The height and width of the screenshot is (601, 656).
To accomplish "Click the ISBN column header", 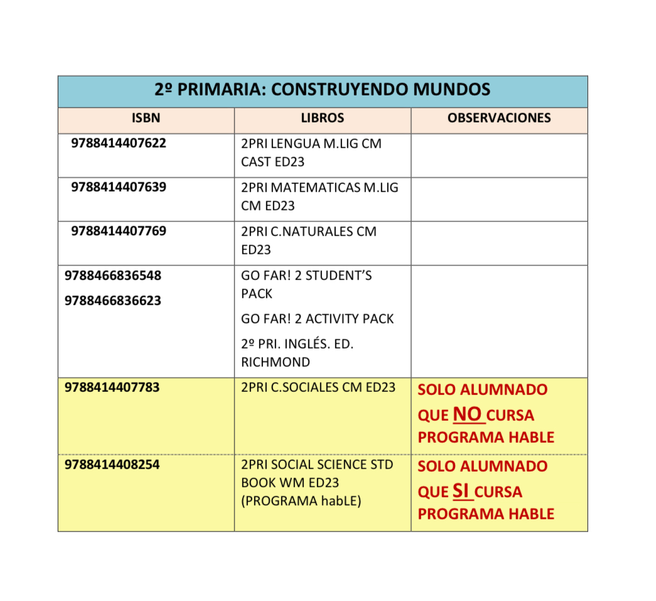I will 146,118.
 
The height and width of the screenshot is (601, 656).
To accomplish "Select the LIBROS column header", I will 323,118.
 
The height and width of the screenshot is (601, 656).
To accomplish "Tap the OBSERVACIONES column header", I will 499,118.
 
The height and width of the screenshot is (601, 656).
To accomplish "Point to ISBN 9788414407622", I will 119,143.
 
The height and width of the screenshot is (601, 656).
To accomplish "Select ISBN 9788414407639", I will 119,187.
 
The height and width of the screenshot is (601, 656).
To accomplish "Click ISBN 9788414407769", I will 119,231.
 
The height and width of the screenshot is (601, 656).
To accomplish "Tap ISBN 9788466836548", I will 112,275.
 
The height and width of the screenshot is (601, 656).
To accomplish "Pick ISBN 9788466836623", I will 112,300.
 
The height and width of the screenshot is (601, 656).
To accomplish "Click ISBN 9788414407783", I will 112,387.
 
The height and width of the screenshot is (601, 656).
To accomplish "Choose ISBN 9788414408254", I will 112,465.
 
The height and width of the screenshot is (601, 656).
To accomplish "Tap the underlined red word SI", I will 461,490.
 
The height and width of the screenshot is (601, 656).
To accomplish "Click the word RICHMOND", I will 275,362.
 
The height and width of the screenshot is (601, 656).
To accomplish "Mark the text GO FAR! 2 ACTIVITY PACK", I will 317,319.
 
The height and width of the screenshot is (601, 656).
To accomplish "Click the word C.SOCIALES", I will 304,387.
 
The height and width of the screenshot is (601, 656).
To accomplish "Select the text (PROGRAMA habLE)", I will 301,502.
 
